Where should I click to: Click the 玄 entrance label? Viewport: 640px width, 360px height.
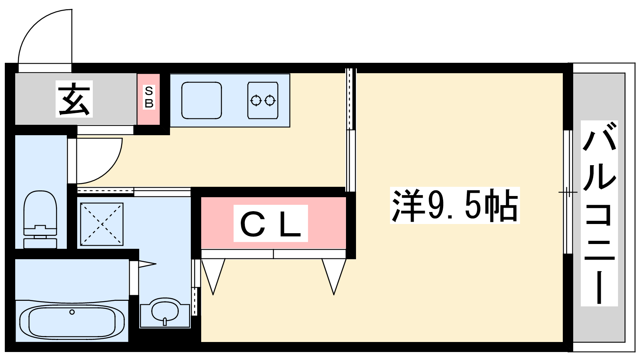click(x=74, y=99)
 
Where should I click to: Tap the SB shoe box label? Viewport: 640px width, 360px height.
click(x=149, y=97)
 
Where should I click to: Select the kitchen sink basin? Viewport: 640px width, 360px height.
click(x=202, y=100)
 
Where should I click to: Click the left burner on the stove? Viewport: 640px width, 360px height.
click(x=256, y=100)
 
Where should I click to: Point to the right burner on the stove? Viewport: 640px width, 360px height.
click(x=270, y=100)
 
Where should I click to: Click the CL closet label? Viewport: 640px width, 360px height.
click(x=270, y=224)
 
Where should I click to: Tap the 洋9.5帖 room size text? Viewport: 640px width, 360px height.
click(x=455, y=205)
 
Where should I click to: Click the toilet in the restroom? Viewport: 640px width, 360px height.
click(x=40, y=219)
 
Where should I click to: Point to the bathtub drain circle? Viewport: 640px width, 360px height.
click(x=72, y=312)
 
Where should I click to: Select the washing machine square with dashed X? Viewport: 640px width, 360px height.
click(x=102, y=224)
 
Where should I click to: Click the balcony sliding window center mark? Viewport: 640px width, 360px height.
click(x=568, y=192)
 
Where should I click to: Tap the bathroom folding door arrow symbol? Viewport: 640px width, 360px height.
click(x=147, y=264)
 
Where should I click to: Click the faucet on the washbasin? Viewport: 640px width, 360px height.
click(x=164, y=322)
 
